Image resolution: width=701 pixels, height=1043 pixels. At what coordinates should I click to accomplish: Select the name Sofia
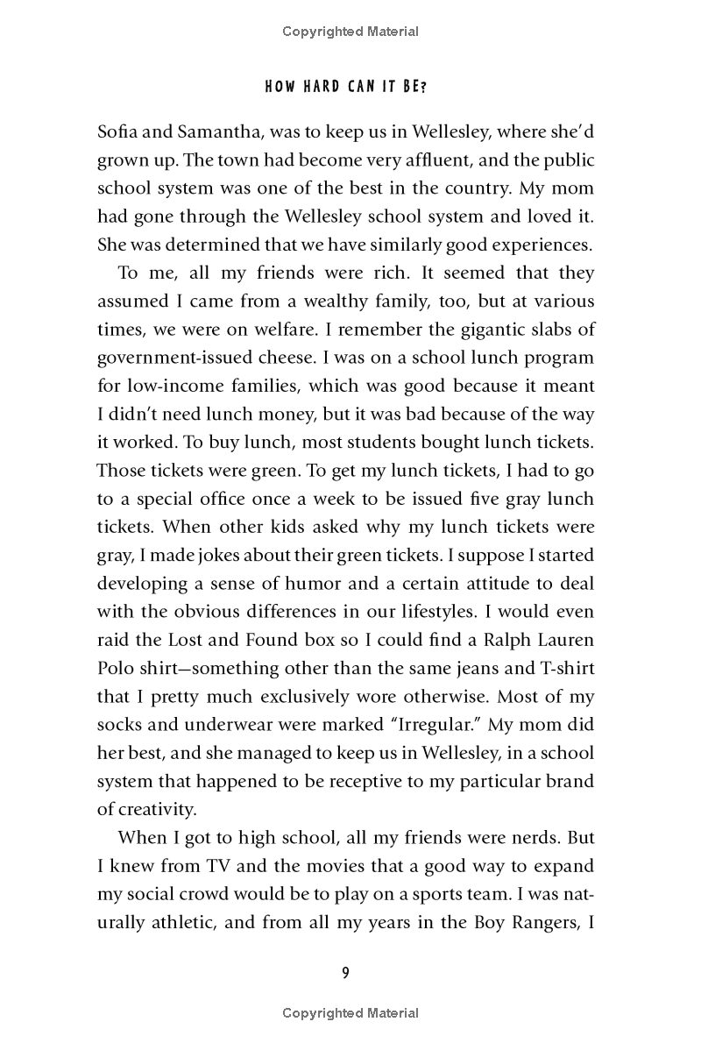coord(118,131)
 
